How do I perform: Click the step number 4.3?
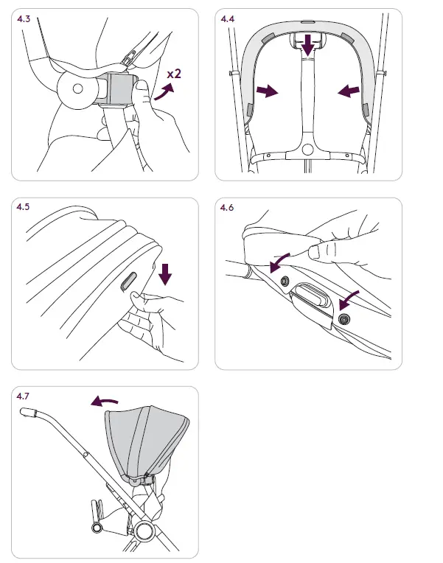tap(24, 18)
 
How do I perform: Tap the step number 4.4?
tap(228, 18)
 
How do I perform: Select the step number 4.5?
tap(23, 207)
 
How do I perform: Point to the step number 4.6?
tap(227, 208)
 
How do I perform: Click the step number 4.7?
tap(23, 396)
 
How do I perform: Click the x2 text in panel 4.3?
tap(174, 74)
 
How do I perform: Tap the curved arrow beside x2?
tap(164, 91)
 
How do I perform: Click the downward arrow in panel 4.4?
tap(307, 46)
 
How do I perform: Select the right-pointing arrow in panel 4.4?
tap(267, 91)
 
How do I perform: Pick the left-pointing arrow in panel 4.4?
tap(349, 91)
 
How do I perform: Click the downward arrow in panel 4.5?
tap(165, 274)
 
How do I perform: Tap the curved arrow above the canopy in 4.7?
tap(104, 401)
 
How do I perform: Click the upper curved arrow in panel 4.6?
tap(279, 262)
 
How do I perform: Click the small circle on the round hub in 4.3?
tap(78, 88)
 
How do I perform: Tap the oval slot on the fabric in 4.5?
tap(128, 281)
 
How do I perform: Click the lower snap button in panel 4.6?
tap(344, 318)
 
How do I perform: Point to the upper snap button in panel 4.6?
tap(285, 281)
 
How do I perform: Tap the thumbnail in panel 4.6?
tap(314, 252)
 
